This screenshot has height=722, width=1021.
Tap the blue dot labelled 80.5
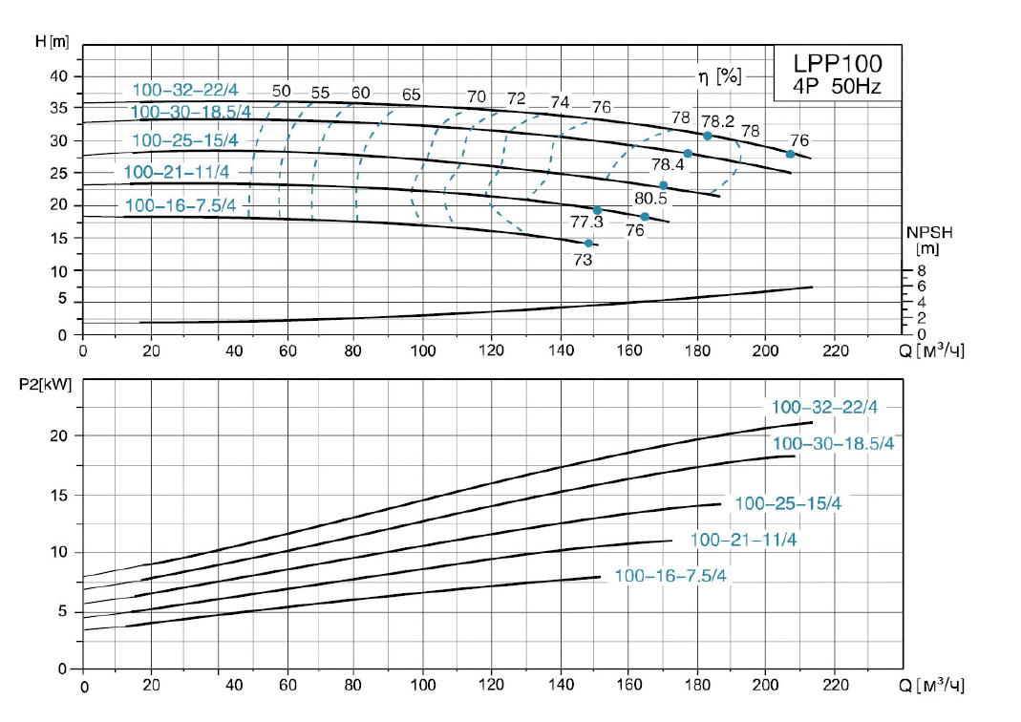664,185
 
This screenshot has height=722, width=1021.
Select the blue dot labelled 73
588,244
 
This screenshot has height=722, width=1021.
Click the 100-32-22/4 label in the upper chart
184,91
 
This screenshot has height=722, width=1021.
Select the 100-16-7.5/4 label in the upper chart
180,205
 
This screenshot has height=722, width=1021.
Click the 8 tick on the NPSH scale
922,271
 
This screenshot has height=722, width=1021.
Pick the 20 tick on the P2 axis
61,435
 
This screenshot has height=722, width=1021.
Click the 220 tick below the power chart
834,686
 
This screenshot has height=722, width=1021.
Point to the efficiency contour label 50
281,93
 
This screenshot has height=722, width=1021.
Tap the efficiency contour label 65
412,94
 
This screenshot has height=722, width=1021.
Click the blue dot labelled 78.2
708,136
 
